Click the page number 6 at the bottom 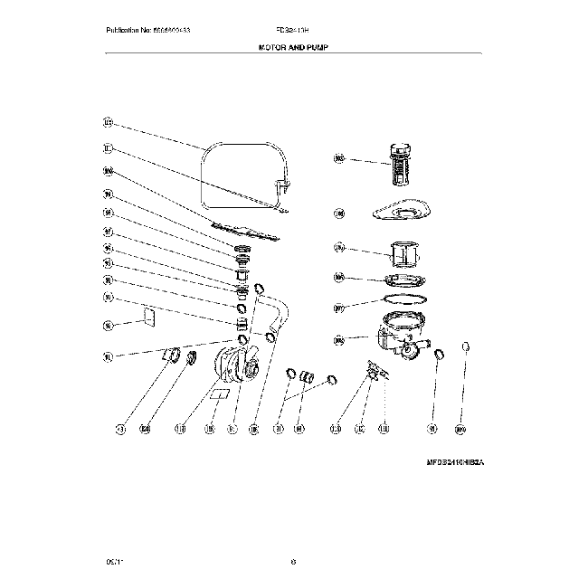pos(294,563)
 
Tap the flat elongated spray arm pos(242,230)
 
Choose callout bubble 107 pos(339,308)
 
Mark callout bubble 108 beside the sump pos(339,340)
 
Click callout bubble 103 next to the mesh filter pos(339,159)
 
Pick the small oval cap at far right pos(467,347)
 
